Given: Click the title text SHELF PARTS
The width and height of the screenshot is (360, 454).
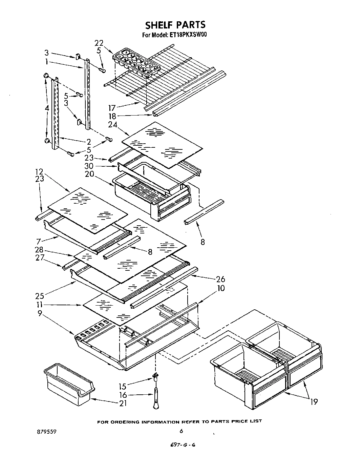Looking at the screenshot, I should click(x=175, y=25).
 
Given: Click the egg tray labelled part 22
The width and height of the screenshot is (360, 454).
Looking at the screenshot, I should click(x=136, y=61).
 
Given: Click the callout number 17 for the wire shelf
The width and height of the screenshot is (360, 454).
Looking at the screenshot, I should click(x=112, y=108).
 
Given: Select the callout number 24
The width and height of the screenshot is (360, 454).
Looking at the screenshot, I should click(x=113, y=124).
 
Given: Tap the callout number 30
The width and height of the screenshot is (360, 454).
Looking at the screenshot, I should click(x=89, y=166).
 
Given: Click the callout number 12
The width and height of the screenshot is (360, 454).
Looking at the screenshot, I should click(x=40, y=171).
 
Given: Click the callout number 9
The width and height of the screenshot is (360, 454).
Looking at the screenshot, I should click(x=40, y=314).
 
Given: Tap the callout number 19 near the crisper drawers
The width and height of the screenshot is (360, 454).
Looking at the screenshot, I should click(x=314, y=402).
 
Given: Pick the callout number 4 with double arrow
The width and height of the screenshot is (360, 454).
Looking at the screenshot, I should click(x=47, y=108).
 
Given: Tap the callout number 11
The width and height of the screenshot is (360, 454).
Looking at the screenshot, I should click(x=40, y=305).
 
